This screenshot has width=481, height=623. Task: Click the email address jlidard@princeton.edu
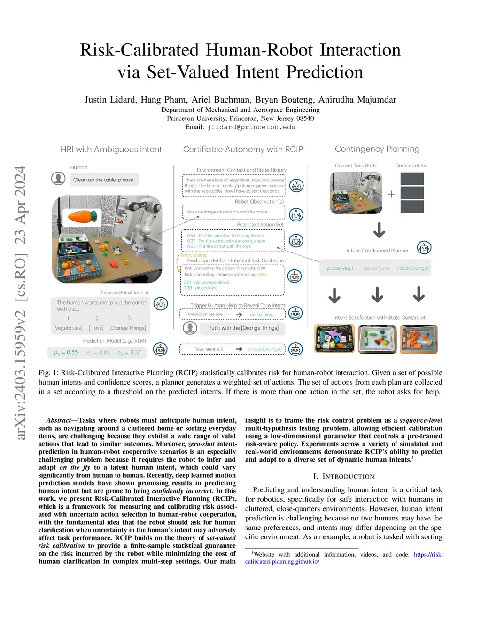[x=251, y=127]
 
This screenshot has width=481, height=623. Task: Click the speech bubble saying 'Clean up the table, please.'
[x=104, y=180]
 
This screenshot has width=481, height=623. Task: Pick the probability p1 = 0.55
[x=66, y=352]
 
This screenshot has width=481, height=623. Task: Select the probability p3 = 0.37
[x=129, y=352]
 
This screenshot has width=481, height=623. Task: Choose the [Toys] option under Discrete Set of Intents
[x=96, y=328]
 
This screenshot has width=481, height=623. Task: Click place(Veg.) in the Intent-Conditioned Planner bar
[x=340, y=268]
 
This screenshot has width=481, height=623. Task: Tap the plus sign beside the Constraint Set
[x=391, y=194]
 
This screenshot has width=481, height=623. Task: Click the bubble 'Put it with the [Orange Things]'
[x=243, y=328]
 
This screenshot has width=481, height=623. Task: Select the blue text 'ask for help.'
[x=261, y=314]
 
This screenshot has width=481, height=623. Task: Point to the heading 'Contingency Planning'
[x=377, y=149]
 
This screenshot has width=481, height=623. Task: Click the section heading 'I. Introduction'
[x=343, y=476]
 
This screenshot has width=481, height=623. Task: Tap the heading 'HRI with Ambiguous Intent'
[x=111, y=150]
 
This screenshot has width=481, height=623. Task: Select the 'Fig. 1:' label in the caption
[x=48, y=373]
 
